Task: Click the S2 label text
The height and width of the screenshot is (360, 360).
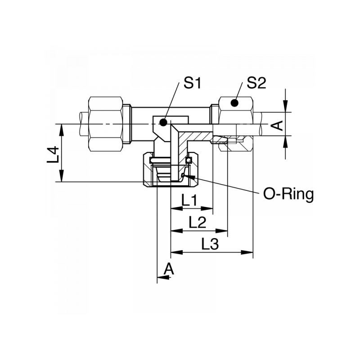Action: click(256, 84)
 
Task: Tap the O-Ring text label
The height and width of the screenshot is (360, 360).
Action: click(288, 194)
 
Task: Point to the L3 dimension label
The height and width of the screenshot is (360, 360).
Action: click(210, 244)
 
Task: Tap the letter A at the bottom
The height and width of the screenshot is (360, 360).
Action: click(169, 269)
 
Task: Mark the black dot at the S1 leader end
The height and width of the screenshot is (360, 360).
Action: click(163, 122)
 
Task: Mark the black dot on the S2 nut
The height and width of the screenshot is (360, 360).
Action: click(234, 103)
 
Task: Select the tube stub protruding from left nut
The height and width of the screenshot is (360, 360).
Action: click(83, 124)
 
